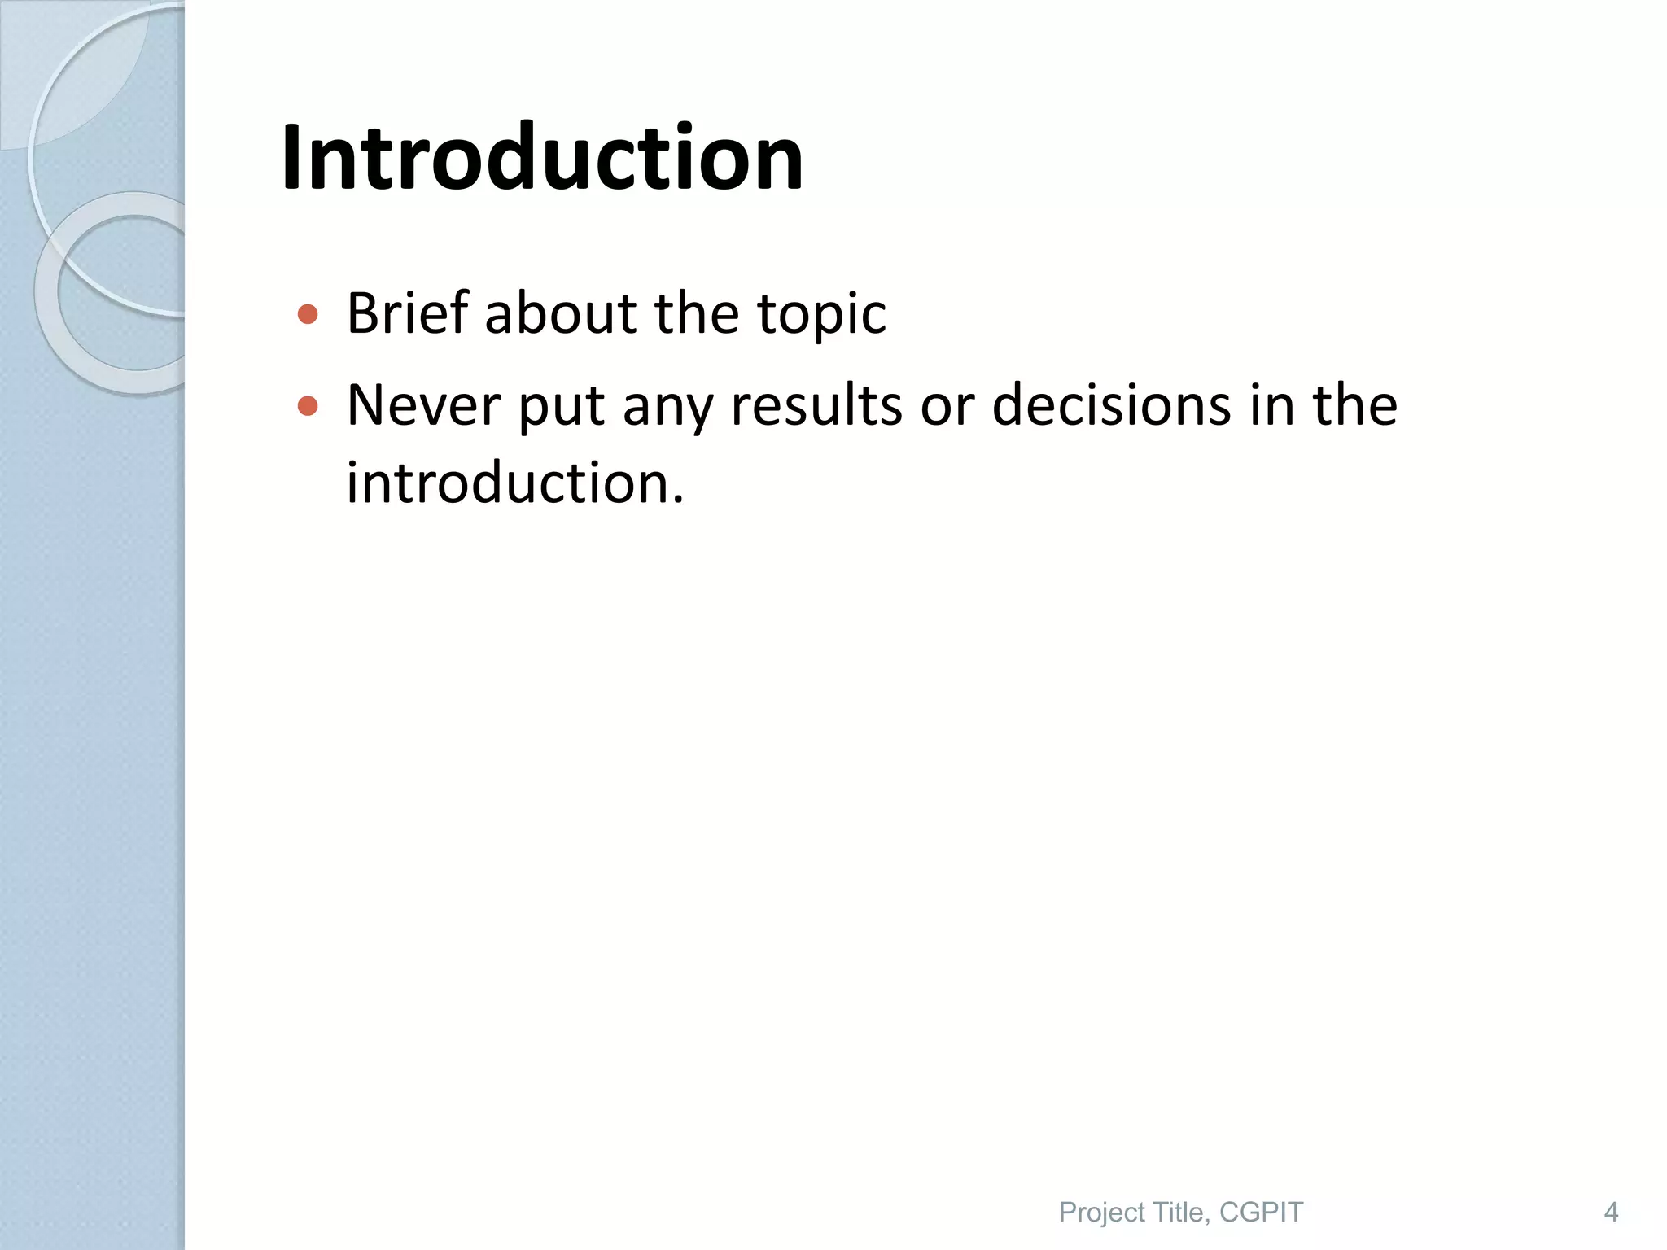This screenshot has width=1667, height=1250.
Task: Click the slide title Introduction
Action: (542, 158)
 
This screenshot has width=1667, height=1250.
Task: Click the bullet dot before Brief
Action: (308, 314)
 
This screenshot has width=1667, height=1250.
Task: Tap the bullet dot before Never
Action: (308, 405)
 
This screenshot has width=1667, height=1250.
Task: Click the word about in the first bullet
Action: (560, 313)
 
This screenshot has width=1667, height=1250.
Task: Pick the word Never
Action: (423, 405)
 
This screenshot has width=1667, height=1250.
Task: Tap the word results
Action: (816, 405)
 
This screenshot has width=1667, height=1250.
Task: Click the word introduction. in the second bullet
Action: (515, 483)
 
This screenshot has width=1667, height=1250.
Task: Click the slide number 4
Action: (1611, 1213)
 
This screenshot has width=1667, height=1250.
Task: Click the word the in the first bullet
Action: (697, 313)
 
